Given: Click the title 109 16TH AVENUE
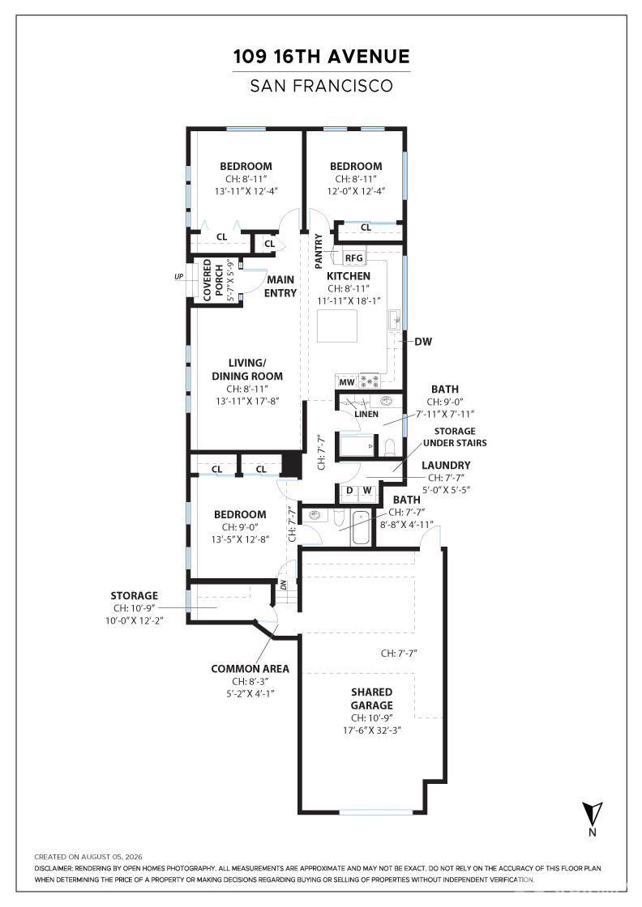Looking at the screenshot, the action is (321, 57).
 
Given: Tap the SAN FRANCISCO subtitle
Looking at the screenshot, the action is (321, 86).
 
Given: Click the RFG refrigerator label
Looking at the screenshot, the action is (353, 258).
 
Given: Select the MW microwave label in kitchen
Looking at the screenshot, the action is (347, 382).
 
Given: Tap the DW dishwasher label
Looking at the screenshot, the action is (423, 341).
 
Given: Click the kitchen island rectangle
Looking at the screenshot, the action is (337, 327).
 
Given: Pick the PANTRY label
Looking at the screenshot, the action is (319, 251).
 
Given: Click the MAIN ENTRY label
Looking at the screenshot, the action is (280, 287).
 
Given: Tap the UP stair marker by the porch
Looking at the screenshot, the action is (179, 276).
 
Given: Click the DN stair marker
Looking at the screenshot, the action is (284, 584).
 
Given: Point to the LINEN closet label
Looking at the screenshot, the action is (366, 414).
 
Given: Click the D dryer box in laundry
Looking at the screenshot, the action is (349, 491).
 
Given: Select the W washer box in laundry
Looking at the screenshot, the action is (367, 491).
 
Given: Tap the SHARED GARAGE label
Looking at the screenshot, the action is (371, 699).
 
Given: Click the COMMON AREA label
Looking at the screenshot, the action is (250, 669).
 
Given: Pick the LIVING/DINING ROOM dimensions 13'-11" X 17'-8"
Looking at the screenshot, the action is (248, 400).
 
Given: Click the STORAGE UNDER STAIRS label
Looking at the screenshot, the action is (455, 437).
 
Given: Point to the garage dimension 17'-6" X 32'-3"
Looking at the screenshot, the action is (372, 730).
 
